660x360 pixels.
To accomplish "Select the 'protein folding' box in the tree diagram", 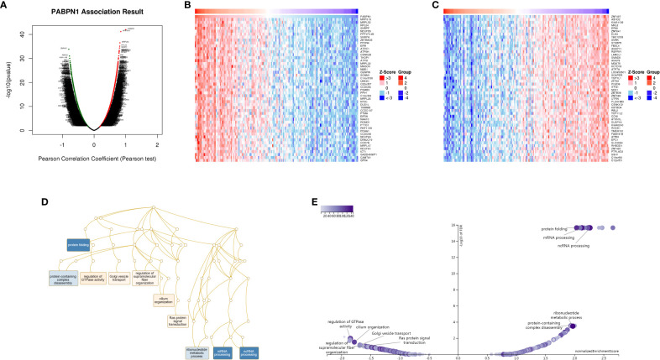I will pyautogui.click(x=78, y=244).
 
